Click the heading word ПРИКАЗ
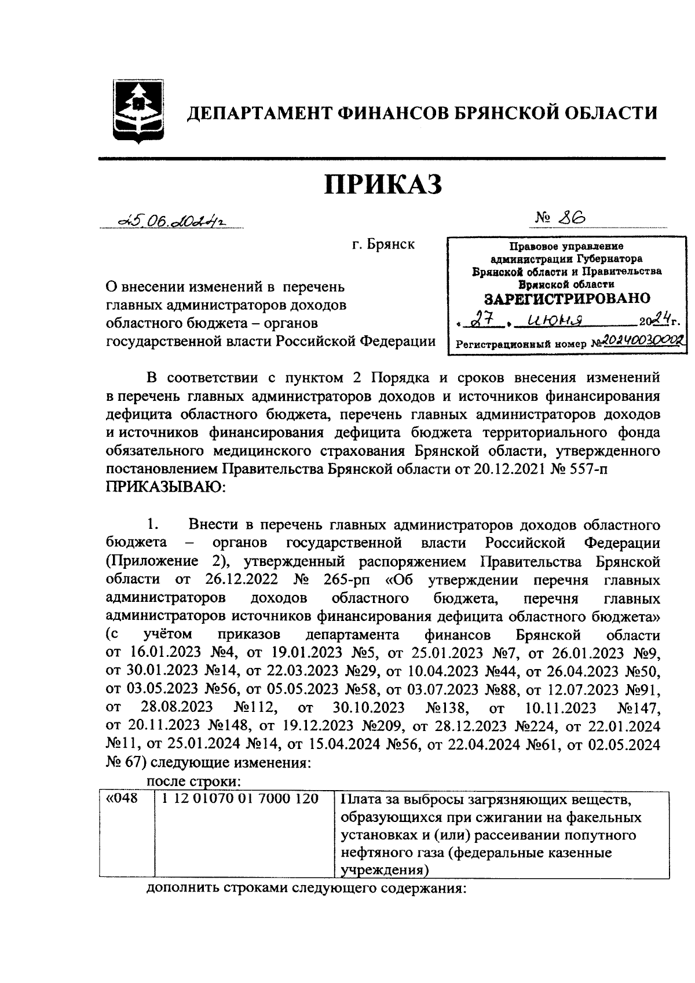click(x=383, y=184)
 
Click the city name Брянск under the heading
click(x=383, y=244)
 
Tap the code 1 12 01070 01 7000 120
click(x=240, y=799)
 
